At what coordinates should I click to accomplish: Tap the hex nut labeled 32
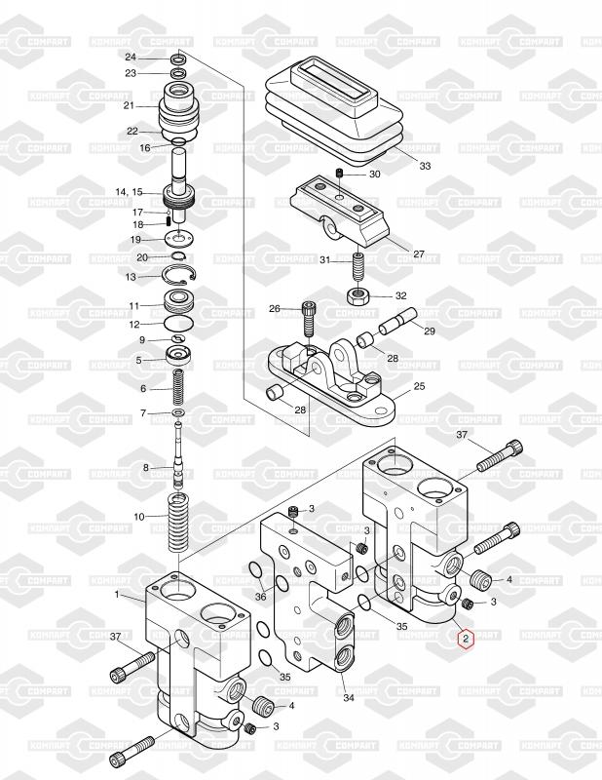(356, 296)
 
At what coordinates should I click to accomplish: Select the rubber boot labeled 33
(336, 110)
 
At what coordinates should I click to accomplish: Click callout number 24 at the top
(131, 58)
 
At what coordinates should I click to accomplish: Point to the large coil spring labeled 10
(178, 523)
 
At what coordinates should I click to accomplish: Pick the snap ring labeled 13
(179, 275)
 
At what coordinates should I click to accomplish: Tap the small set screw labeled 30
(340, 174)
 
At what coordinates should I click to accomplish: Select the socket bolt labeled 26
(308, 319)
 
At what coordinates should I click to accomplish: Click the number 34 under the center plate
(349, 698)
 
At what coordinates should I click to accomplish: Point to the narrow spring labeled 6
(178, 388)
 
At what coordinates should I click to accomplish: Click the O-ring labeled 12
(178, 324)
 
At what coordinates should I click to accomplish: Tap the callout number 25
(419, 386)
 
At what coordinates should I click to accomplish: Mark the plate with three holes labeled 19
(178, 238)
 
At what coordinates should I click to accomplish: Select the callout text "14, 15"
(129, 191)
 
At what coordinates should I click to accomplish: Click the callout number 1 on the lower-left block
(117, 594)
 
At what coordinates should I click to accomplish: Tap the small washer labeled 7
(178, 412)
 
